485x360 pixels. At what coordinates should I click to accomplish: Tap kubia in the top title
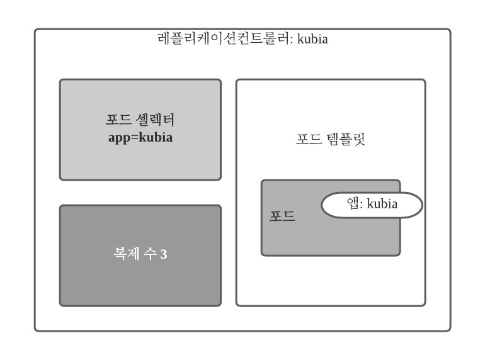[315, 40]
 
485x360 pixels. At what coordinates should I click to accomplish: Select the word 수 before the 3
[152, 255]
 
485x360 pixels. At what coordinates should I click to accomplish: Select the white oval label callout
[372, 205]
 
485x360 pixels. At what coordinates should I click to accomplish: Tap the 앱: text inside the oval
[355, 204]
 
